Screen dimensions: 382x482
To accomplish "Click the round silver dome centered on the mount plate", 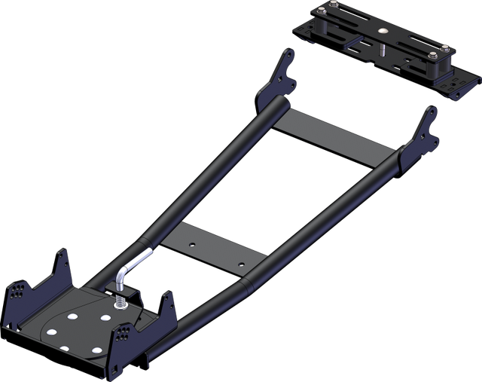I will tap(384, 31).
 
